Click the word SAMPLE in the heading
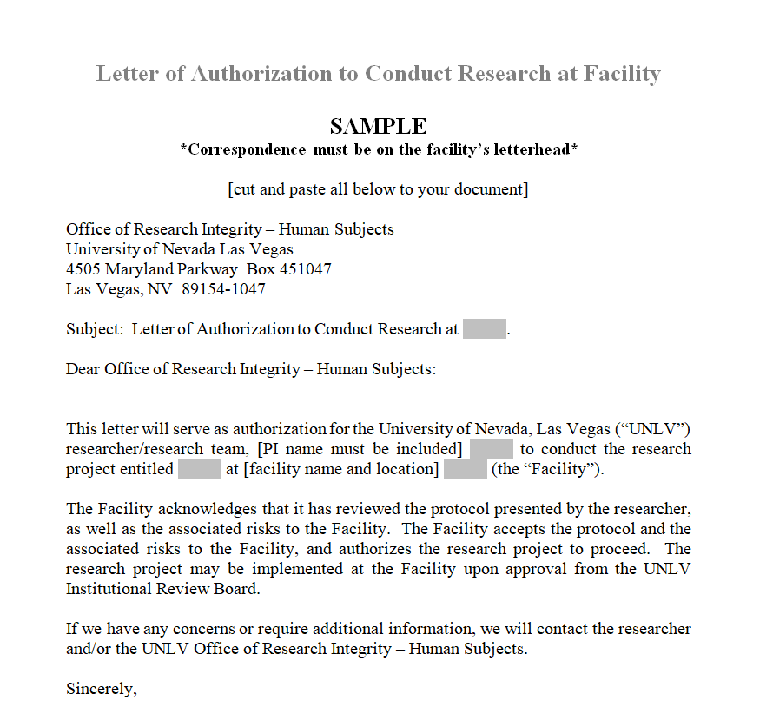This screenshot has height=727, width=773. tap(378, 127)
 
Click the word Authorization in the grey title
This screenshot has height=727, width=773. tap(261, 74)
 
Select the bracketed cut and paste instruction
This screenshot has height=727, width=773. tap(378, 189)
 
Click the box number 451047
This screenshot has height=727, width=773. tap(305, 269)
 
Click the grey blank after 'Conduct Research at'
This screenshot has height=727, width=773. tap(484, 329)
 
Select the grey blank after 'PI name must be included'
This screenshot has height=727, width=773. tap(491, 449)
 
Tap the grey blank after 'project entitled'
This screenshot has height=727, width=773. tap(200, 469)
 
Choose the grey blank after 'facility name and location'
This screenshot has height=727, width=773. tap(465, 469)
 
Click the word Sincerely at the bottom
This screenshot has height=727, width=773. tap(102, 689)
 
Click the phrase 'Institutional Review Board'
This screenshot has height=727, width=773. tap(162, 589)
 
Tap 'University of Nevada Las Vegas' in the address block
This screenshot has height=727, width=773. tap(180, 249)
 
